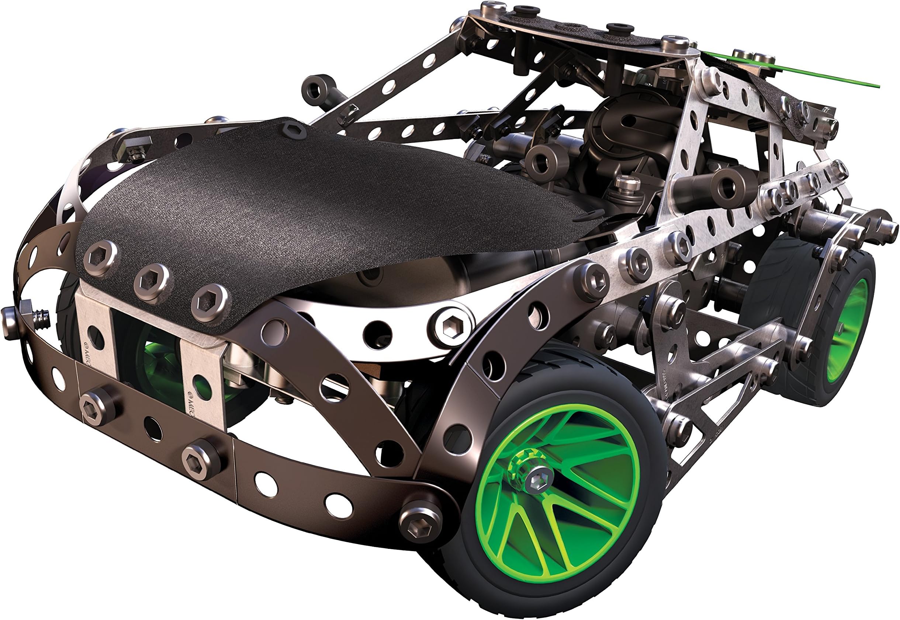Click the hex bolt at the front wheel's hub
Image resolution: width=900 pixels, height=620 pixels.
coord(539,480)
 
